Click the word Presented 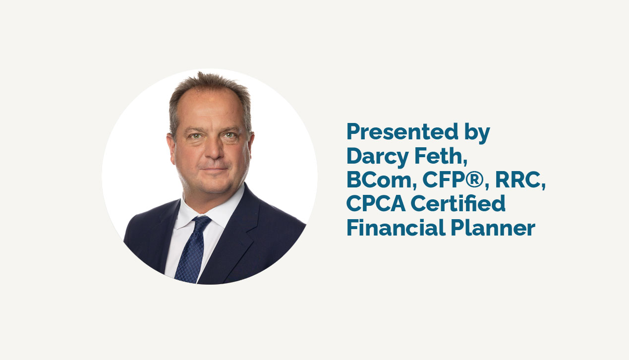pos(402,131)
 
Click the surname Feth pos(441,156)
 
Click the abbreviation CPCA pos(376,204)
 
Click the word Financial pos(396,227)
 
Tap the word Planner pos(493,227)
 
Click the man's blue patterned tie pos(192,249)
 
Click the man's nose pos(214,149)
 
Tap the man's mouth pos(215,169)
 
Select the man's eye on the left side pos(196,136)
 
